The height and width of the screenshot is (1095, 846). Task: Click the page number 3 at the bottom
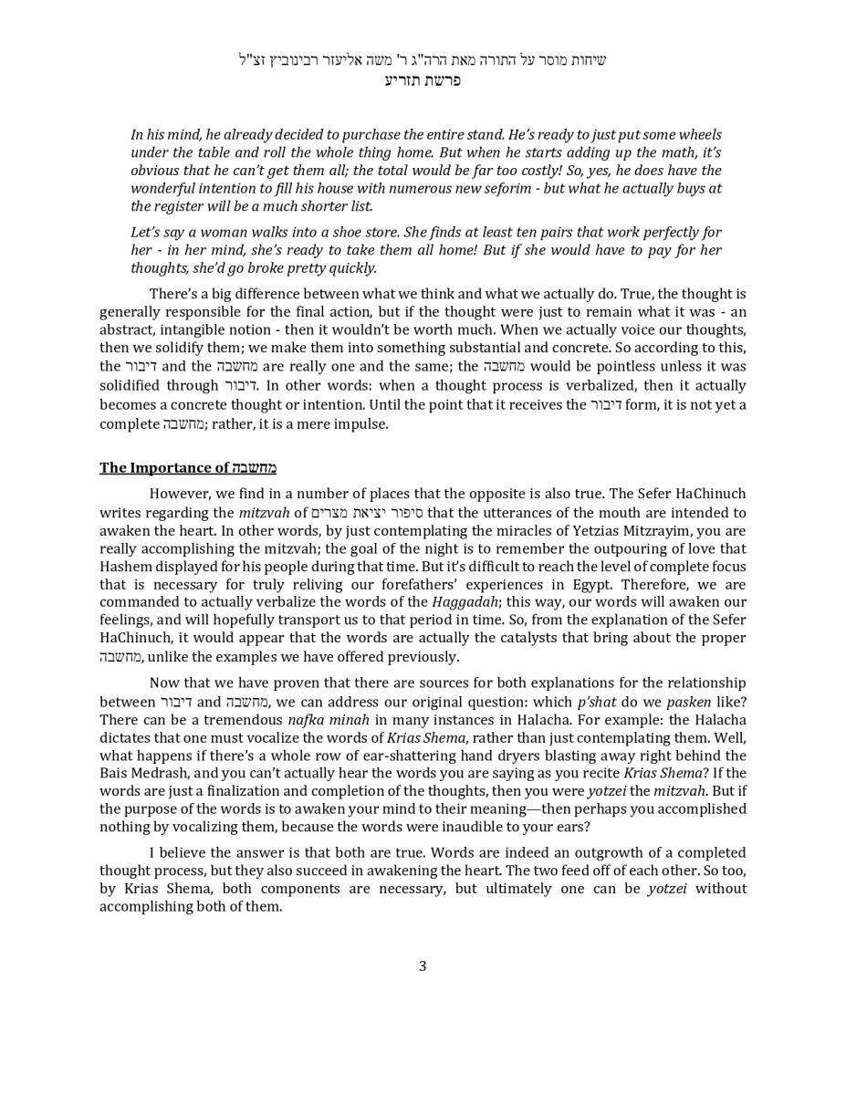423,966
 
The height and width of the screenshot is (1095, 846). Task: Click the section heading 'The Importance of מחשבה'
187,468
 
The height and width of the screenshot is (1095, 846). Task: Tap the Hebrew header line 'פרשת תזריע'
423,80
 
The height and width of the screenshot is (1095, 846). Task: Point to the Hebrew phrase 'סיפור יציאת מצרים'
367,514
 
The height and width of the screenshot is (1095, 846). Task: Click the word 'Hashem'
123,567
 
